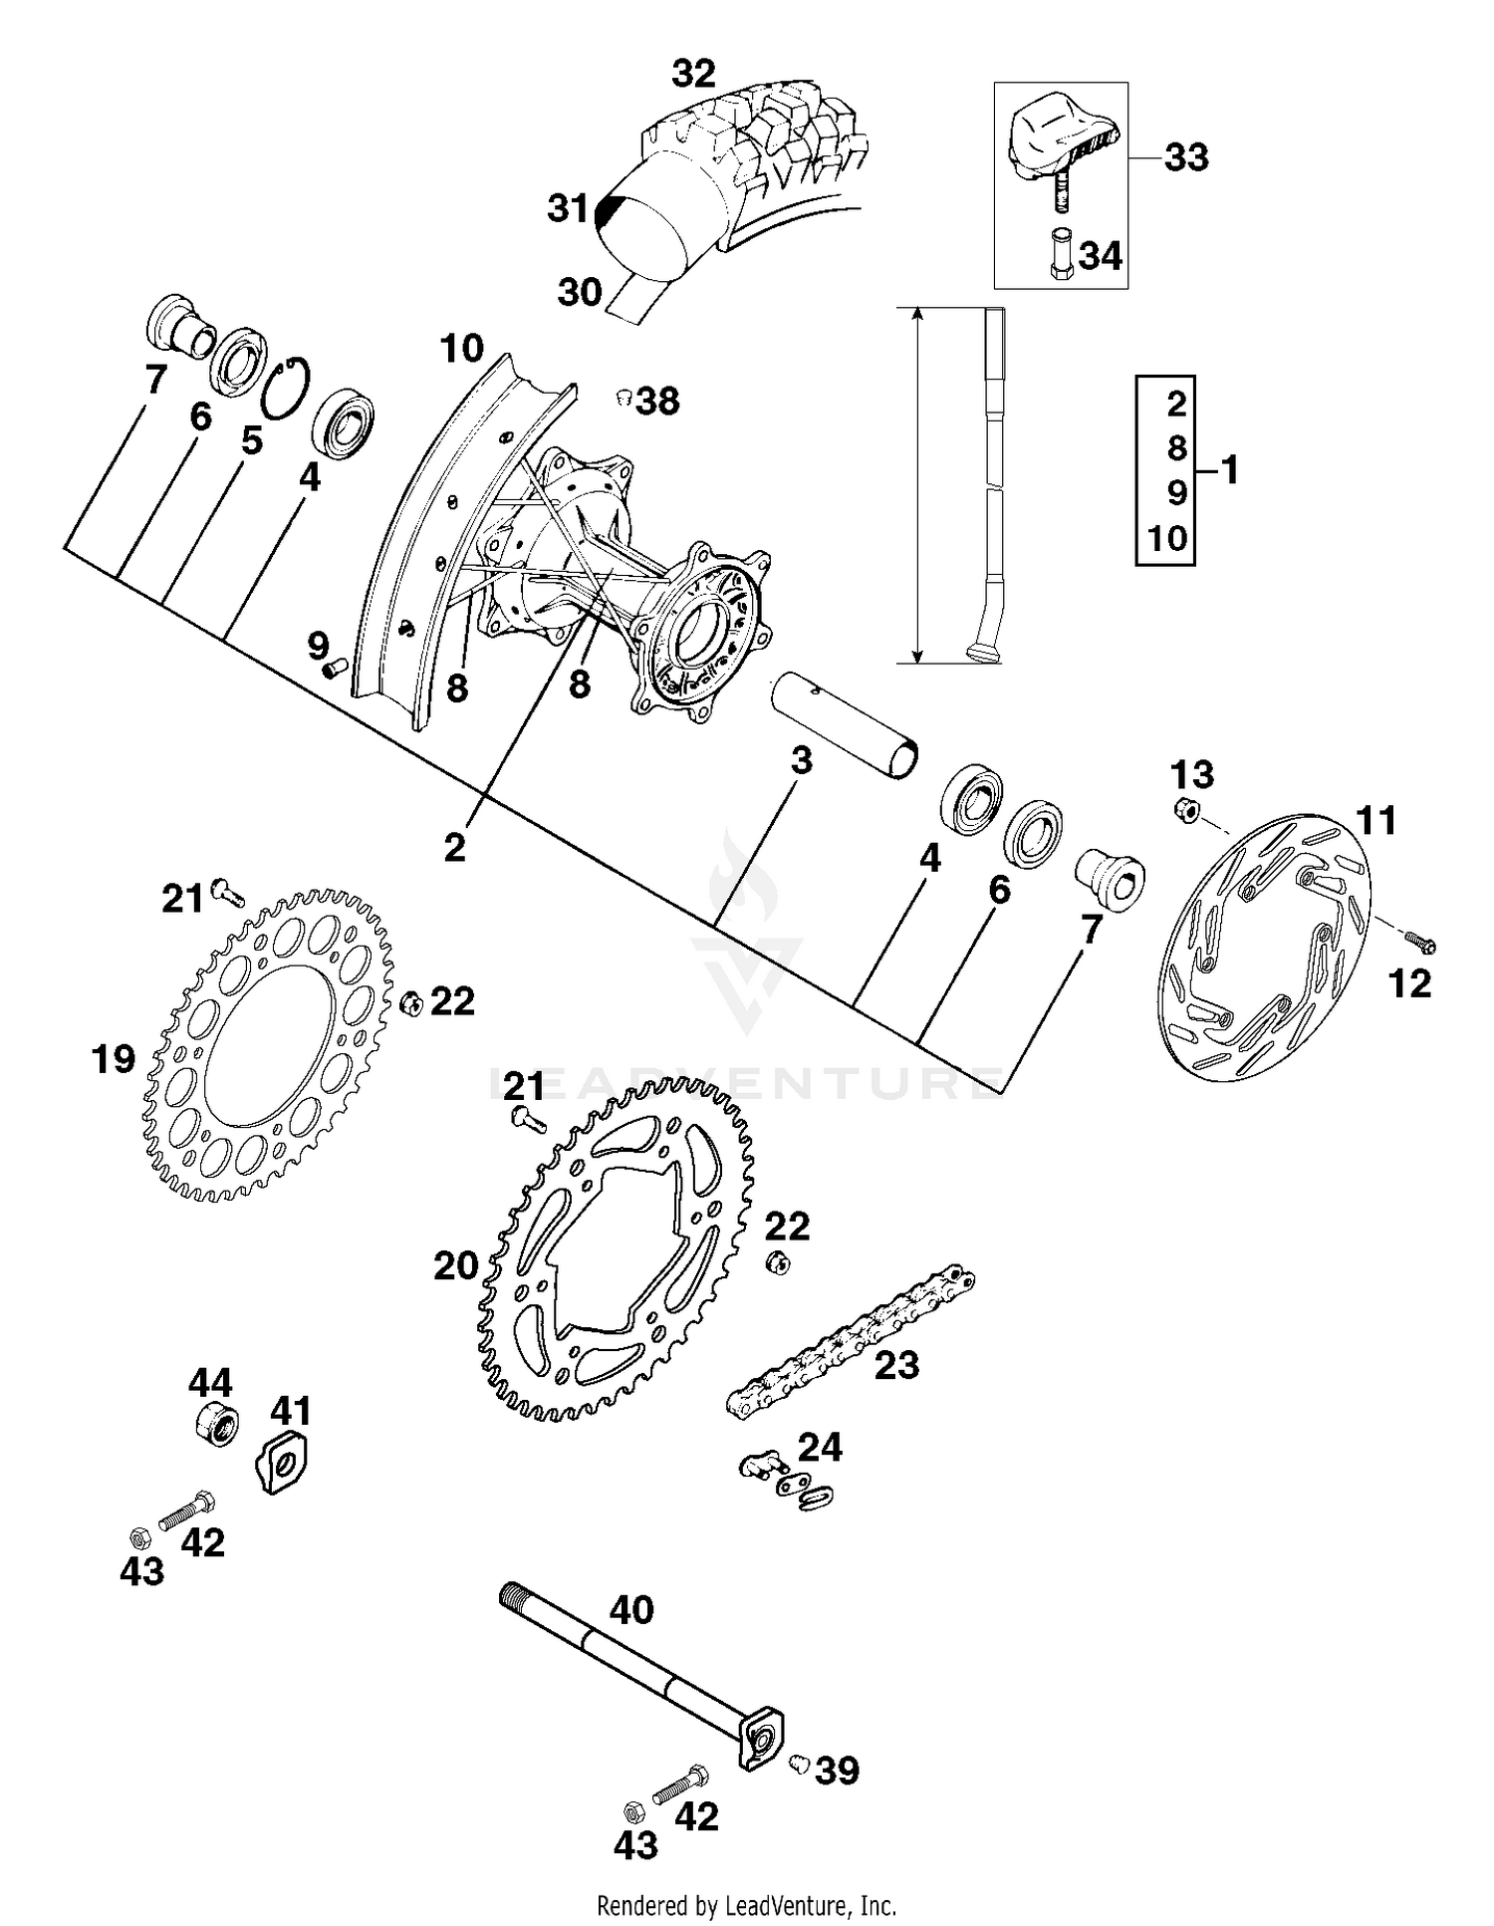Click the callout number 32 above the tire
tap(693, 75)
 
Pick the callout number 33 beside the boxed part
tap(1185, 157)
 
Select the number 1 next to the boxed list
tap(1230, 469)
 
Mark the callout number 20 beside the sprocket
tap(456, 1266)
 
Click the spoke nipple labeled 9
tap(333, 667)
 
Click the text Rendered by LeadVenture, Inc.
tap(746, 1906)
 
